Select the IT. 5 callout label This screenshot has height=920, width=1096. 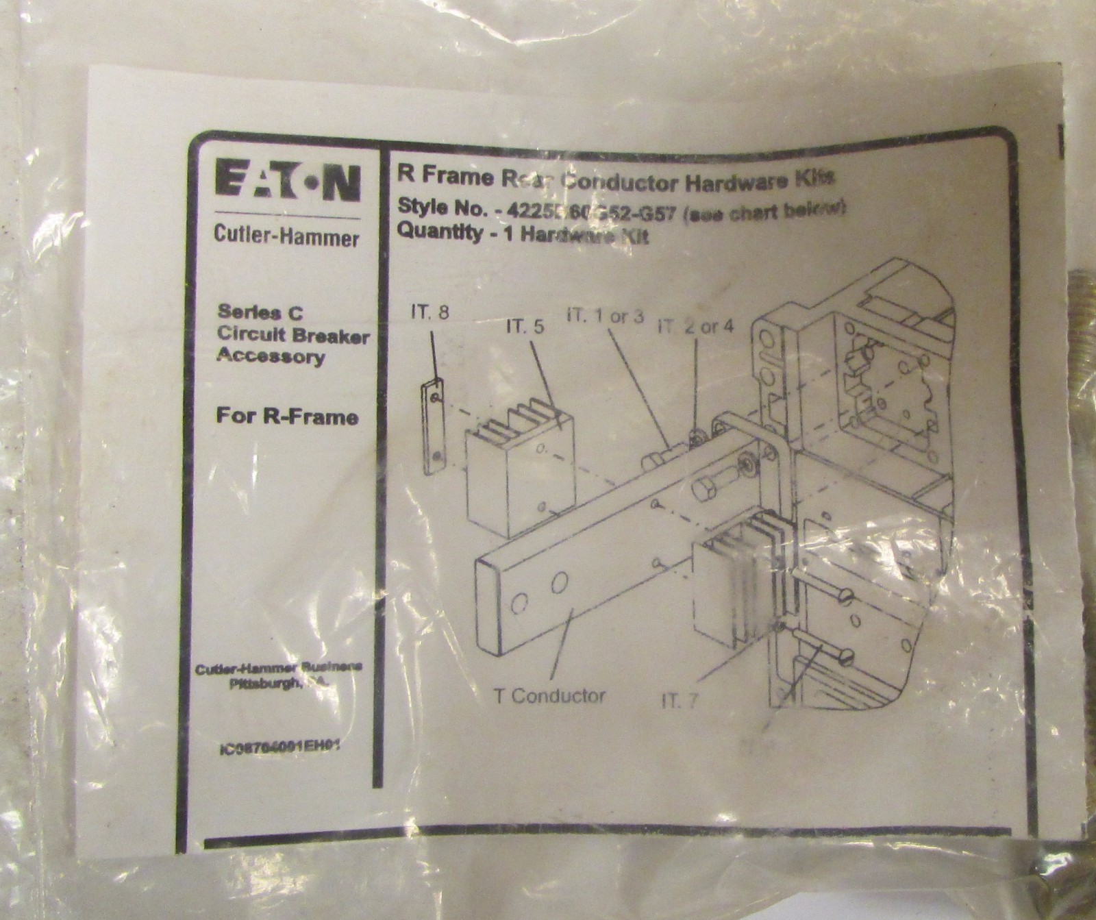525,327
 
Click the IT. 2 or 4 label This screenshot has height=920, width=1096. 695,326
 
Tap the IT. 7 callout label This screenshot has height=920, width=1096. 682,699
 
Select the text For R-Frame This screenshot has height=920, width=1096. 287,417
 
